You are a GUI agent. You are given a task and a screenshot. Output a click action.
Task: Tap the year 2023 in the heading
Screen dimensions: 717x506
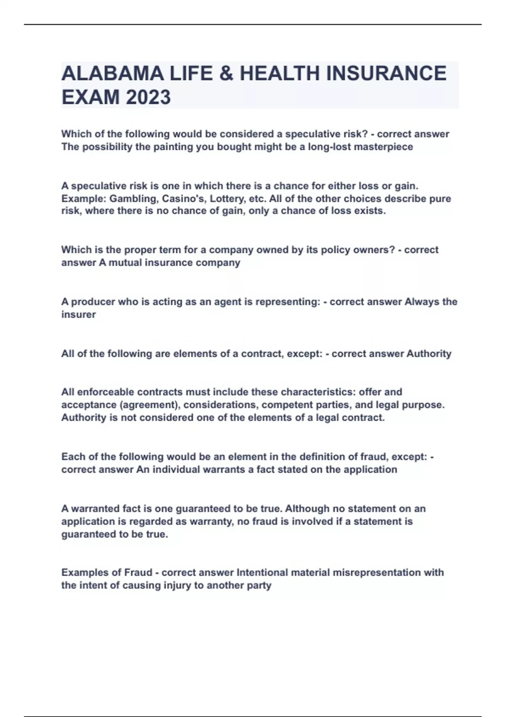(x=148, y=97)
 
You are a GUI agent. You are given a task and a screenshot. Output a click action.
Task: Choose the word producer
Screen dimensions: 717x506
(x=93, y=302)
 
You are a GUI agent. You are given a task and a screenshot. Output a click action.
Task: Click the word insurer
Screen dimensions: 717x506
(x=78, y=314)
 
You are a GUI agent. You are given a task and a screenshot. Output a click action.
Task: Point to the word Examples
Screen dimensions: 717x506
(x=86, y=572)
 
